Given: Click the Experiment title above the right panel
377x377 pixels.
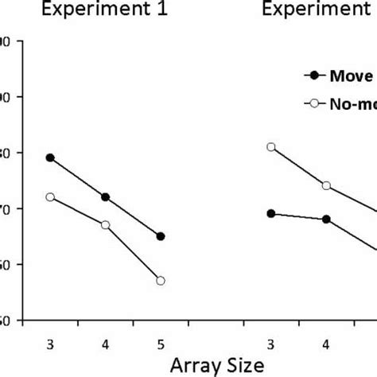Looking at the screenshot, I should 318,11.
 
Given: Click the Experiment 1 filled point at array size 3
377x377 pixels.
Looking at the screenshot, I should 50,157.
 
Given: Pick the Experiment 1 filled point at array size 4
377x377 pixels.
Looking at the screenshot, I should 106,197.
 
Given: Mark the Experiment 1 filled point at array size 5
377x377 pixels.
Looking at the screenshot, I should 161,236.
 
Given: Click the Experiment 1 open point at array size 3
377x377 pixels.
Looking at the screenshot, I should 50,197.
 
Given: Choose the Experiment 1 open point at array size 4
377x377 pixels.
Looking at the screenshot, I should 106,225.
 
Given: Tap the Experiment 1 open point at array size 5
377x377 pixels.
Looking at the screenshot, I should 161,281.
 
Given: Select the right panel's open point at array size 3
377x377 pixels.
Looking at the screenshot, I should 271,147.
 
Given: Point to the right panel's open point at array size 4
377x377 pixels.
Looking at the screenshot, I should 326,185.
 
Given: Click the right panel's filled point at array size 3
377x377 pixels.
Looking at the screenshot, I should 271,213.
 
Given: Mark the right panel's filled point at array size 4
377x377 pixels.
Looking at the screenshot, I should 326,219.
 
